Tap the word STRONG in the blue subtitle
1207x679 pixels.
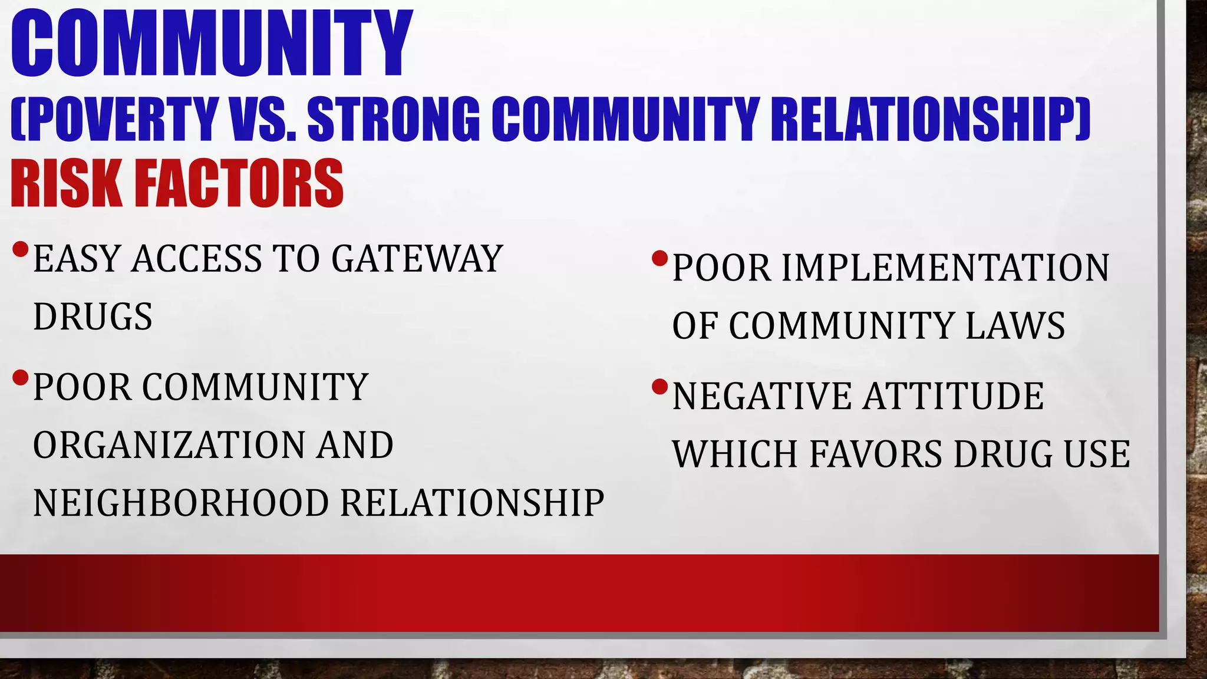point(394,119)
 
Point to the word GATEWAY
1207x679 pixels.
point(417,259)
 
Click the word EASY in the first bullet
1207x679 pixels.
point(76,259)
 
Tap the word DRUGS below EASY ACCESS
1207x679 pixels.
point(93,317)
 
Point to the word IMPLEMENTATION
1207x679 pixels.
point(946,268)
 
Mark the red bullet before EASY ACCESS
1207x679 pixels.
point(20,249)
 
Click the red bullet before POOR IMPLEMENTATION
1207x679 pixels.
point(659,258)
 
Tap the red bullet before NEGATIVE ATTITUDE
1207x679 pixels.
point(659,387)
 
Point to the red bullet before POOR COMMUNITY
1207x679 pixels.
point(20,377)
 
